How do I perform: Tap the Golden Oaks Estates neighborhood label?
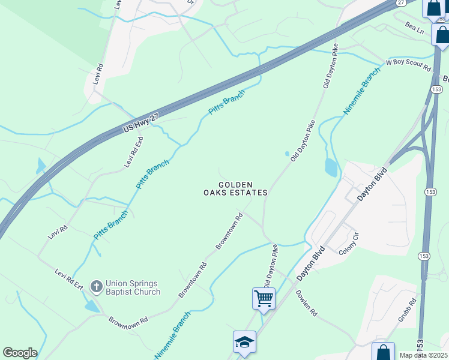click(x=234, y=188)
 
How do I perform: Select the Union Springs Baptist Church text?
click(x=133, y=287)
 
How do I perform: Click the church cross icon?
click(x=96, y=287)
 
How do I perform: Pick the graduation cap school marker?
click(x=244, y=343)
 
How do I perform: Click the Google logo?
click(x=20, y=353)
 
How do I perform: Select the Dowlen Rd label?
click(x=306, y=304)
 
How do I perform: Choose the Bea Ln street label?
click(x=414, y=28)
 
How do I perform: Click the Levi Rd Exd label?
click(x=133, y=152)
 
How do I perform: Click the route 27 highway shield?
click(x=401, y=3)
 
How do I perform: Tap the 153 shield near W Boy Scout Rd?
click(x=437, y=89)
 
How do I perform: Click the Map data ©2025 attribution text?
click(x=424, y=355)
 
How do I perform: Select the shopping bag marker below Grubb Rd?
click(x=383, y=352)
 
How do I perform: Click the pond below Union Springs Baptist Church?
click(x=92, y=306)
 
